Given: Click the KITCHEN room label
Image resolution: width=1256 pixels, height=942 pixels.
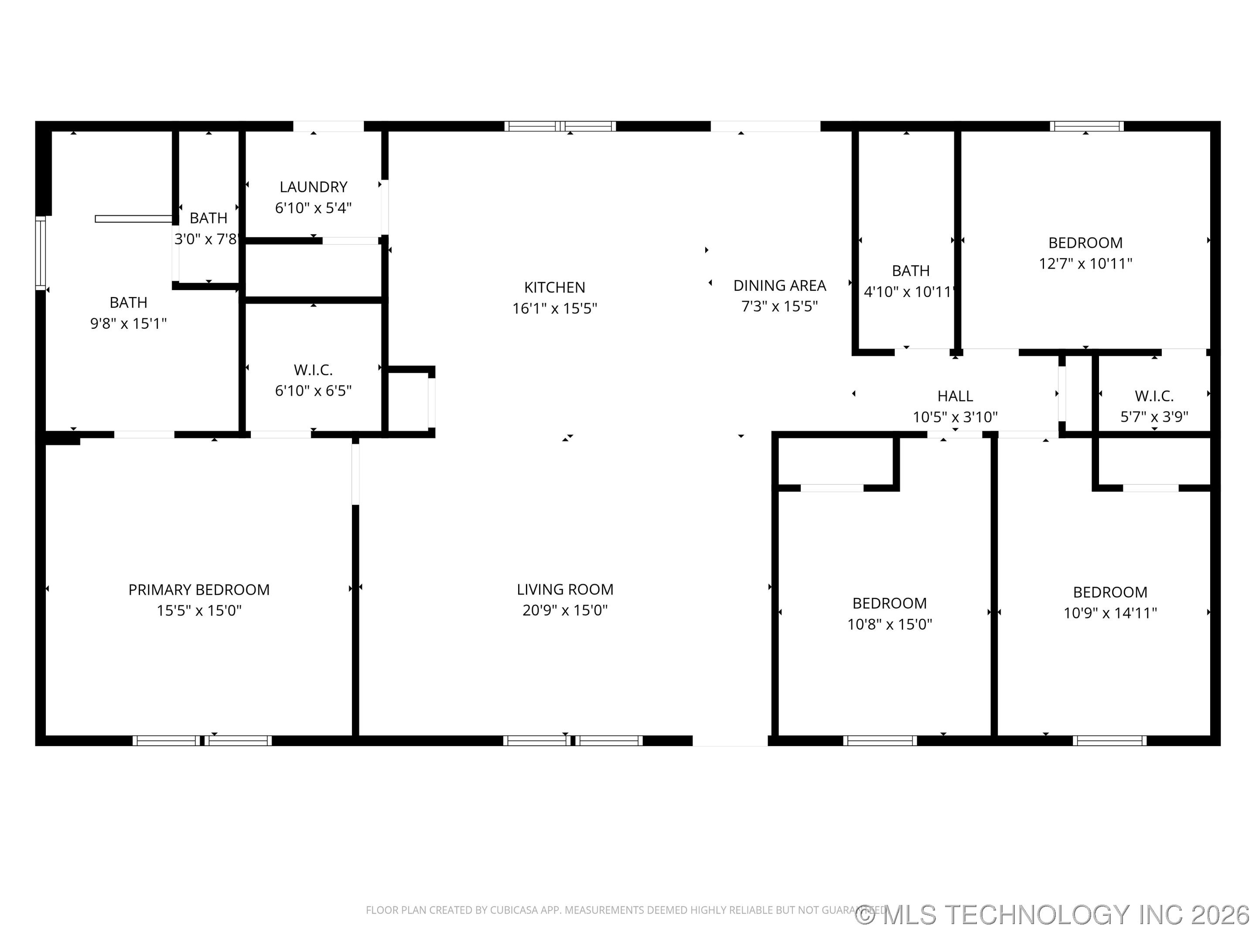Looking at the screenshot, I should click(554, 287).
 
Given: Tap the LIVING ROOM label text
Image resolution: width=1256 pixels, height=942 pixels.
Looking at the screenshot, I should click(564, 589).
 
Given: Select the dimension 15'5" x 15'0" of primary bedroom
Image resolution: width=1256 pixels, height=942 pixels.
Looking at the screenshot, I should click(199, 611).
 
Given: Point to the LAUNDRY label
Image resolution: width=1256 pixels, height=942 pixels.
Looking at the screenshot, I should click(314, 187).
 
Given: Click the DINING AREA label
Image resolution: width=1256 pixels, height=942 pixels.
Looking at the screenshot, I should click(780, 286).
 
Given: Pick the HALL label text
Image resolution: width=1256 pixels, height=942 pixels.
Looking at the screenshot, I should click(955, 396).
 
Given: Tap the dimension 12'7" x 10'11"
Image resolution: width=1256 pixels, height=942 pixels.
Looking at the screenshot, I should click(1085, 263).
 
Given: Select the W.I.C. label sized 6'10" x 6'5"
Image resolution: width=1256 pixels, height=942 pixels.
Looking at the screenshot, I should click(314, 370).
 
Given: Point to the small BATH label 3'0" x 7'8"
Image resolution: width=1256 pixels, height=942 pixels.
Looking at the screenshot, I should click(208, 218).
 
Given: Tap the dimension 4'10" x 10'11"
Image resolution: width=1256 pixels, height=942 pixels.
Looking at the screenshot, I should click(910, 292).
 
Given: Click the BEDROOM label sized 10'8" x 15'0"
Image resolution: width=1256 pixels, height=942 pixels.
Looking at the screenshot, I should click(889, 603).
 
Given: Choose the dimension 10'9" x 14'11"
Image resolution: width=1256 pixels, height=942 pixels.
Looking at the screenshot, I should click(1110, 613).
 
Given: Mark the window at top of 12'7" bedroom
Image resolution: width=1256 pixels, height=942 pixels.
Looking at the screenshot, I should click(1086, 126).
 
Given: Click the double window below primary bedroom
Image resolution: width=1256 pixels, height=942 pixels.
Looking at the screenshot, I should click(202, 741).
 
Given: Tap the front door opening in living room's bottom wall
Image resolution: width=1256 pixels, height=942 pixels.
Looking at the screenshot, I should click(730, 741).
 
